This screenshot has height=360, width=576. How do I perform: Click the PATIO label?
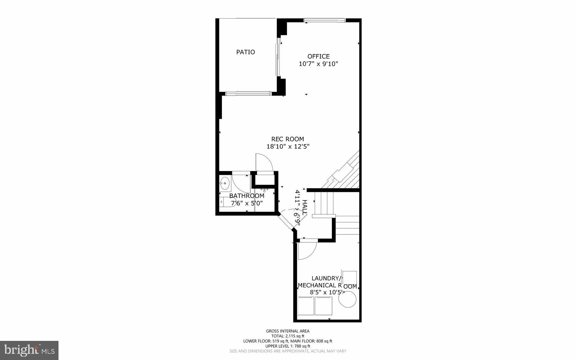pyautogui.click(x=246, y=52)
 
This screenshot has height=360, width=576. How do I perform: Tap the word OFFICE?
pyautogui.click(x=318, y=56)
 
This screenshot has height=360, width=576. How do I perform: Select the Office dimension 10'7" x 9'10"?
pyautogui.click(x=318, y=64)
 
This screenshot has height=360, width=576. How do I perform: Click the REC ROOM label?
pyautogui.click(x=287, y=139)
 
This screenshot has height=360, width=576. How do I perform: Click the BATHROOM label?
pyautogui.click(x=247, y=196)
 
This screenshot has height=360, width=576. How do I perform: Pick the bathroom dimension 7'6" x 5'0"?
pyautogui.click(x=247, y=203)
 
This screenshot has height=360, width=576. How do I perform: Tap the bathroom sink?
pyautogui.click(x=225, y=183)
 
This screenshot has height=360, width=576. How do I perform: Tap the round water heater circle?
pyautogui.click(x=347, y=299)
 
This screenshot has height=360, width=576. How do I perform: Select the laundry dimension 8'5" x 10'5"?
pyautogui.click(x=327, y=292)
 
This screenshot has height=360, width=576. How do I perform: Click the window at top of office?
pyautogui.click(x=324, y=20)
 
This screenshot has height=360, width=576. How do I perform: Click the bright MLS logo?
pyautogui.click(x=29, y=350)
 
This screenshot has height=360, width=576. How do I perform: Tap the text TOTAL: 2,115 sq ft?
pyautogui.click(x=288, y=336)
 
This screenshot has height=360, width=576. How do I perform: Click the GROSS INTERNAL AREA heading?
pyautogui.click(x=288, y=331)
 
